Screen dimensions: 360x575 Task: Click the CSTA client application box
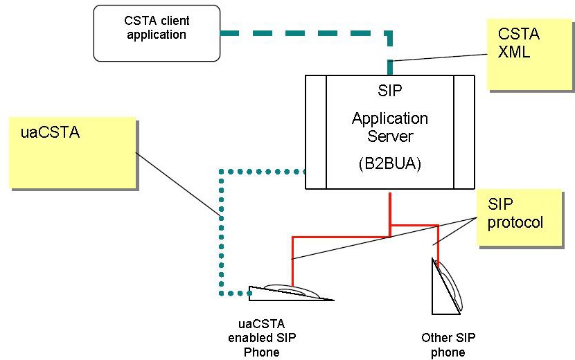point(157,33)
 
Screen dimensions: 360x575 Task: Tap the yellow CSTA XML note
point(529,55)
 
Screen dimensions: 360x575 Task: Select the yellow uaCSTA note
point(72,152)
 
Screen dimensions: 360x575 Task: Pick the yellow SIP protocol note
point(518,217)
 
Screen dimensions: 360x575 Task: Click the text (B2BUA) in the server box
point(389,165)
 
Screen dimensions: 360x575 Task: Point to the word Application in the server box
point(390,118)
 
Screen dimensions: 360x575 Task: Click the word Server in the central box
point(390,136)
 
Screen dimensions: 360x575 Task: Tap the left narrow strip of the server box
point(316,132)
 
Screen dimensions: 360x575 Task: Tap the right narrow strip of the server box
point(464,132)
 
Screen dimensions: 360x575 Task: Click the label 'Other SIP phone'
point(448,345)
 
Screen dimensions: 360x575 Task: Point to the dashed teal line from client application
point(305,32)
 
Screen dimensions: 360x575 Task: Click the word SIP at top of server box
point(390,91)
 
